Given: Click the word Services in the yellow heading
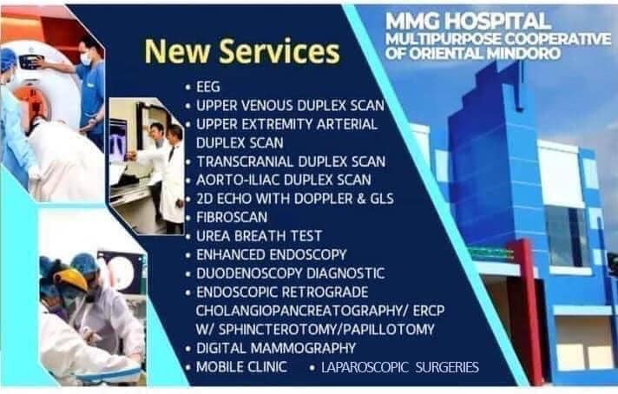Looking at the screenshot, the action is [279, 51].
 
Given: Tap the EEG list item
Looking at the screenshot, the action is [208, 87].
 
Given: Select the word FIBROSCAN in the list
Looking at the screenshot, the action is [232, 218].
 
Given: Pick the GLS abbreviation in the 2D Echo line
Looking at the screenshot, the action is [382, 199].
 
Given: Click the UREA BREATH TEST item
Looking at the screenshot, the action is [259, 236].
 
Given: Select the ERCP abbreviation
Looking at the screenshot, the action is [429, 311].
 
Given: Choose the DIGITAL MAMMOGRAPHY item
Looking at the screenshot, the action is [276, 348].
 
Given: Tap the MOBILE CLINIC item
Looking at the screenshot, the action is [241, 367].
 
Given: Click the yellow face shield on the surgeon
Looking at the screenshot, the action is [71, 278].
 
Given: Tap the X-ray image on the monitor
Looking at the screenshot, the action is [118, 141].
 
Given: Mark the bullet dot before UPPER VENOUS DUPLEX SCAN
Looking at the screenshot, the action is [188, 106].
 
